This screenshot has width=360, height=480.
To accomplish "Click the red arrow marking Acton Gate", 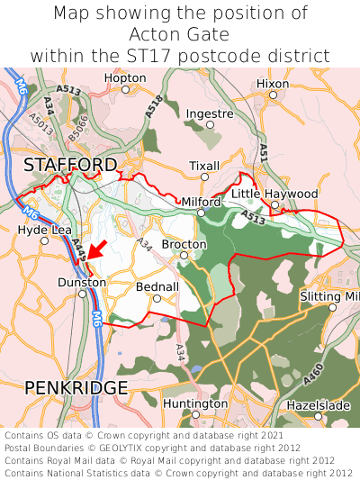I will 96,249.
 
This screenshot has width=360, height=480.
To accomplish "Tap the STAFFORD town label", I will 70,165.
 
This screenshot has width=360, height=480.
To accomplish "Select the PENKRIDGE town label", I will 76,387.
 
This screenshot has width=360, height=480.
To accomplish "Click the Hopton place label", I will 125,78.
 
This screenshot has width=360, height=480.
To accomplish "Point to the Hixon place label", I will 273,84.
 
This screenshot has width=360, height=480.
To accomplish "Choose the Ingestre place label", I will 210,114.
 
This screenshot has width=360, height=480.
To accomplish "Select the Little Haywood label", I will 274,194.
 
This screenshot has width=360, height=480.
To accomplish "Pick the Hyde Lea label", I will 44,230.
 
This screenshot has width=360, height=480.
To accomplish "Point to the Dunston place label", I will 82,282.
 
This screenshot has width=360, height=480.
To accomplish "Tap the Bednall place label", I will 157,285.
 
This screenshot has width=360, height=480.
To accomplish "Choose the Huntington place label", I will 195,403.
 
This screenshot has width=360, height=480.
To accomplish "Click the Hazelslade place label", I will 318,406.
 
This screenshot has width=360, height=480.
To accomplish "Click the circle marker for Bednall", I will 157,298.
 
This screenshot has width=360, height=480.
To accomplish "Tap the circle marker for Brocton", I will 184,256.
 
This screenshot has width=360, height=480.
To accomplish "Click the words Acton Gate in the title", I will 179,34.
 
